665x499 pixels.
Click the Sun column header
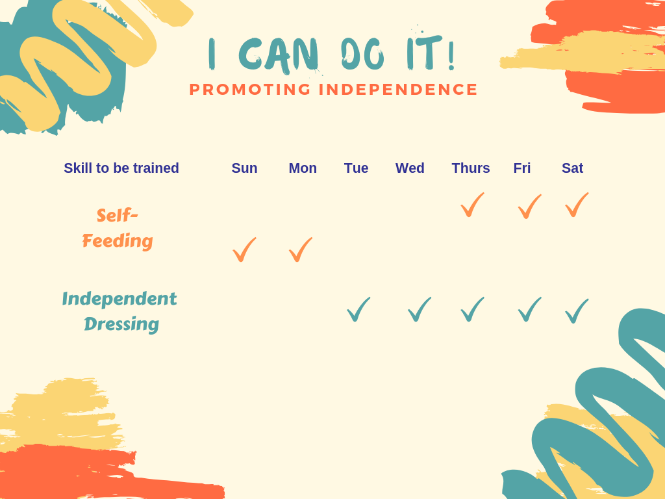pos(244,168)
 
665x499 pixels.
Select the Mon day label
pos(303,168)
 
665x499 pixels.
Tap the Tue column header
pos(357,168)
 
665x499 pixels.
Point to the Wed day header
pos(410,168)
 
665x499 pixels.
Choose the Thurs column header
pos(471,168)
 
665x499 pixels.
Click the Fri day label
pos(522,168)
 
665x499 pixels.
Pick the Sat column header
pos(573,168)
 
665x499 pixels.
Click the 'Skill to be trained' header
pos(121,168)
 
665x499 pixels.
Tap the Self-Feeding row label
pos(118,228)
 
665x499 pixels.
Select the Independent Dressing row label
pos(119,311)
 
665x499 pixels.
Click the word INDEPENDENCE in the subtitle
pos(398,90)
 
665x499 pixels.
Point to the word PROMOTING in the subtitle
pos(250,90)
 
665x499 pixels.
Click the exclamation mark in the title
pos(451,55)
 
